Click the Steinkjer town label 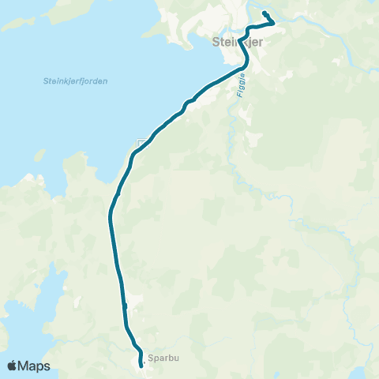[237, 43]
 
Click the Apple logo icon [13, 366]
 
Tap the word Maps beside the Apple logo [35, 366]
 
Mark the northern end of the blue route [264, 14]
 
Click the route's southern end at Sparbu [141, 366]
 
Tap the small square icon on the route [141, 144]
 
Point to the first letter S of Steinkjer [216, 43]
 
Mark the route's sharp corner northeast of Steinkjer [274, 23]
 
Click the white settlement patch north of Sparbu [134, 300]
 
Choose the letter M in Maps [25, 366]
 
